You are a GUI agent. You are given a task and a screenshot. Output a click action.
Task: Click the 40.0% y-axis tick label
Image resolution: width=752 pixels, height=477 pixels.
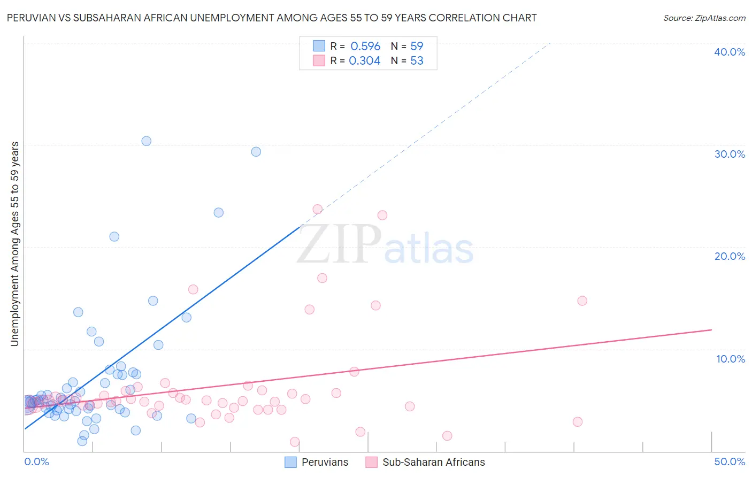coord(730,52)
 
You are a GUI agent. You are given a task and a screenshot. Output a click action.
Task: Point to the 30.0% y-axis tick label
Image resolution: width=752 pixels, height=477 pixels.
coord(730,154)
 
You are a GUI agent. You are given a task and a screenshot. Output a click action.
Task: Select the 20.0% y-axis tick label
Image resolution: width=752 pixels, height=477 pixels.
coord(730,256)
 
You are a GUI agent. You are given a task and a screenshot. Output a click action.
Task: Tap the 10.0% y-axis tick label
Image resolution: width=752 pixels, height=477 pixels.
coord(731,359)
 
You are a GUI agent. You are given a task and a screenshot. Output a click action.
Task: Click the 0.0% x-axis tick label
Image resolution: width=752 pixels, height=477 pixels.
coord(36,461)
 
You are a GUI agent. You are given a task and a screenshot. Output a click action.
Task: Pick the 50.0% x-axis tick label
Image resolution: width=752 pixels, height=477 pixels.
coord(730,461)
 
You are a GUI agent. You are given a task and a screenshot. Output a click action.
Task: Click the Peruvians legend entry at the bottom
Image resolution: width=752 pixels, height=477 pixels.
coord(317,462)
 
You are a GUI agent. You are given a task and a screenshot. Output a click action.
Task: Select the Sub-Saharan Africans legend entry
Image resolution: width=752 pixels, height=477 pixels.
coord(426,462)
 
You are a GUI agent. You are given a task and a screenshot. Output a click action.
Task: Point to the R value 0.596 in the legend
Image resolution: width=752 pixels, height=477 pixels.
coord(365,47)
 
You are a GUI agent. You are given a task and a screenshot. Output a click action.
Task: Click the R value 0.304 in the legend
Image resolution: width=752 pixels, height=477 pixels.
coord(364,61)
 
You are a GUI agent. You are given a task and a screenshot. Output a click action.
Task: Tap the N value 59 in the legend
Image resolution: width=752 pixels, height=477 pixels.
coord(417,47)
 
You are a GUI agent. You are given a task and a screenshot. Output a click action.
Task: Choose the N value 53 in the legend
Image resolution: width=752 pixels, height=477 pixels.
coord(417,61)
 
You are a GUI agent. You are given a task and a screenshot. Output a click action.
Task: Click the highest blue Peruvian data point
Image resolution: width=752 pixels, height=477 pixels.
coord(146,141)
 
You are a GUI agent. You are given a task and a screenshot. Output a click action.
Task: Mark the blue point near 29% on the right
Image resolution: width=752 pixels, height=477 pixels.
coord(256,152)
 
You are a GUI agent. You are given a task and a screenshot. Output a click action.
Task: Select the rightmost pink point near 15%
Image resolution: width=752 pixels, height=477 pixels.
coord(582,301)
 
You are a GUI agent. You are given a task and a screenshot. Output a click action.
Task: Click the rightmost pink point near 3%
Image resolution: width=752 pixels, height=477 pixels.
coord(578,422)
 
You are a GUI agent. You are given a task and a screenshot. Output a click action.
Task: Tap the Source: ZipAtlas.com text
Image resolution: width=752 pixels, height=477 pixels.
coord(704,18)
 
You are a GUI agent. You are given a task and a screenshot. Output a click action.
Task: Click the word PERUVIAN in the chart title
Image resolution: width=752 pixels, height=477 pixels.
coord(31,18)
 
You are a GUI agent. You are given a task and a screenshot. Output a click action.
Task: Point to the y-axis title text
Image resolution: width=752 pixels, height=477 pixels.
coord(15,244)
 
